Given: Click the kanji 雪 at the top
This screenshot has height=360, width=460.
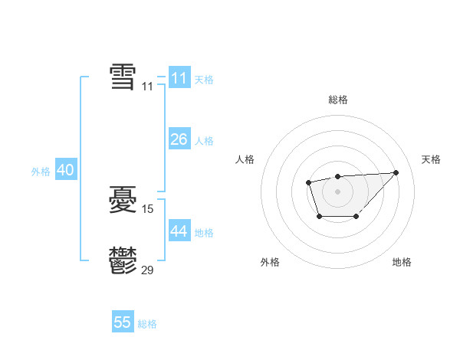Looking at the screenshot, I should (x=123, y=77).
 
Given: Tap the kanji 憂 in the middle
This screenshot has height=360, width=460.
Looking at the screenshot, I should (x=123, y=201).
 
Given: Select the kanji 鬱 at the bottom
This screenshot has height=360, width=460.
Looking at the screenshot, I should (x=123, y=260).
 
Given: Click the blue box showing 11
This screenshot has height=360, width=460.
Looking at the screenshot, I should (x=179, y=78).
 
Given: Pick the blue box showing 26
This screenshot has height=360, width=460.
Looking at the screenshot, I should (x=179, y=139).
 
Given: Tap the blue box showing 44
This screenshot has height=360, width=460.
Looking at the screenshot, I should (x=179, y=231).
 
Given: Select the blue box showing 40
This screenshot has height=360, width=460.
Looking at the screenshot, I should (x=65, y=170).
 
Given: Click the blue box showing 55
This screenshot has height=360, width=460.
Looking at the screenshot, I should (x=123, y=322).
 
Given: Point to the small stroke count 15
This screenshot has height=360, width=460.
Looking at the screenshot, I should (x=148, y=208).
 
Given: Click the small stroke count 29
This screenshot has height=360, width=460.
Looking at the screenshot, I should (x=148, y=269).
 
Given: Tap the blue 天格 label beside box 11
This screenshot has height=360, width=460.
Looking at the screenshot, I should (x=204, y=80).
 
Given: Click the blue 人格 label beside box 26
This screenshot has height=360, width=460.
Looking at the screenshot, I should (x=204, y=141).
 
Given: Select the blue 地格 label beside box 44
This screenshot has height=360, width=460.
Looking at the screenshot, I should (x=204, y=233).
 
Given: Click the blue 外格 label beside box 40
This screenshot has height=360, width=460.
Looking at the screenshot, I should (x=41, y=172).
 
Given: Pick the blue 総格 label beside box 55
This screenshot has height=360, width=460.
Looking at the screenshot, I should (x=147, y=324).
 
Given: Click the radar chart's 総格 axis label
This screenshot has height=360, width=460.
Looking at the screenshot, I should (x=337, y=100).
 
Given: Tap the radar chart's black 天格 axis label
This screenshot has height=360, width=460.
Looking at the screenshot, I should (x=432, y=159).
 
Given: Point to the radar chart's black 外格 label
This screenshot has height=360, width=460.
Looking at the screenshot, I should (x=270, y=262).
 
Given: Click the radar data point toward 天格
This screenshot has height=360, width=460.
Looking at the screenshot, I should (x=396, y=172).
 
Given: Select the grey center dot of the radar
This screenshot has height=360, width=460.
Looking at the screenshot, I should (x=337, y=191).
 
